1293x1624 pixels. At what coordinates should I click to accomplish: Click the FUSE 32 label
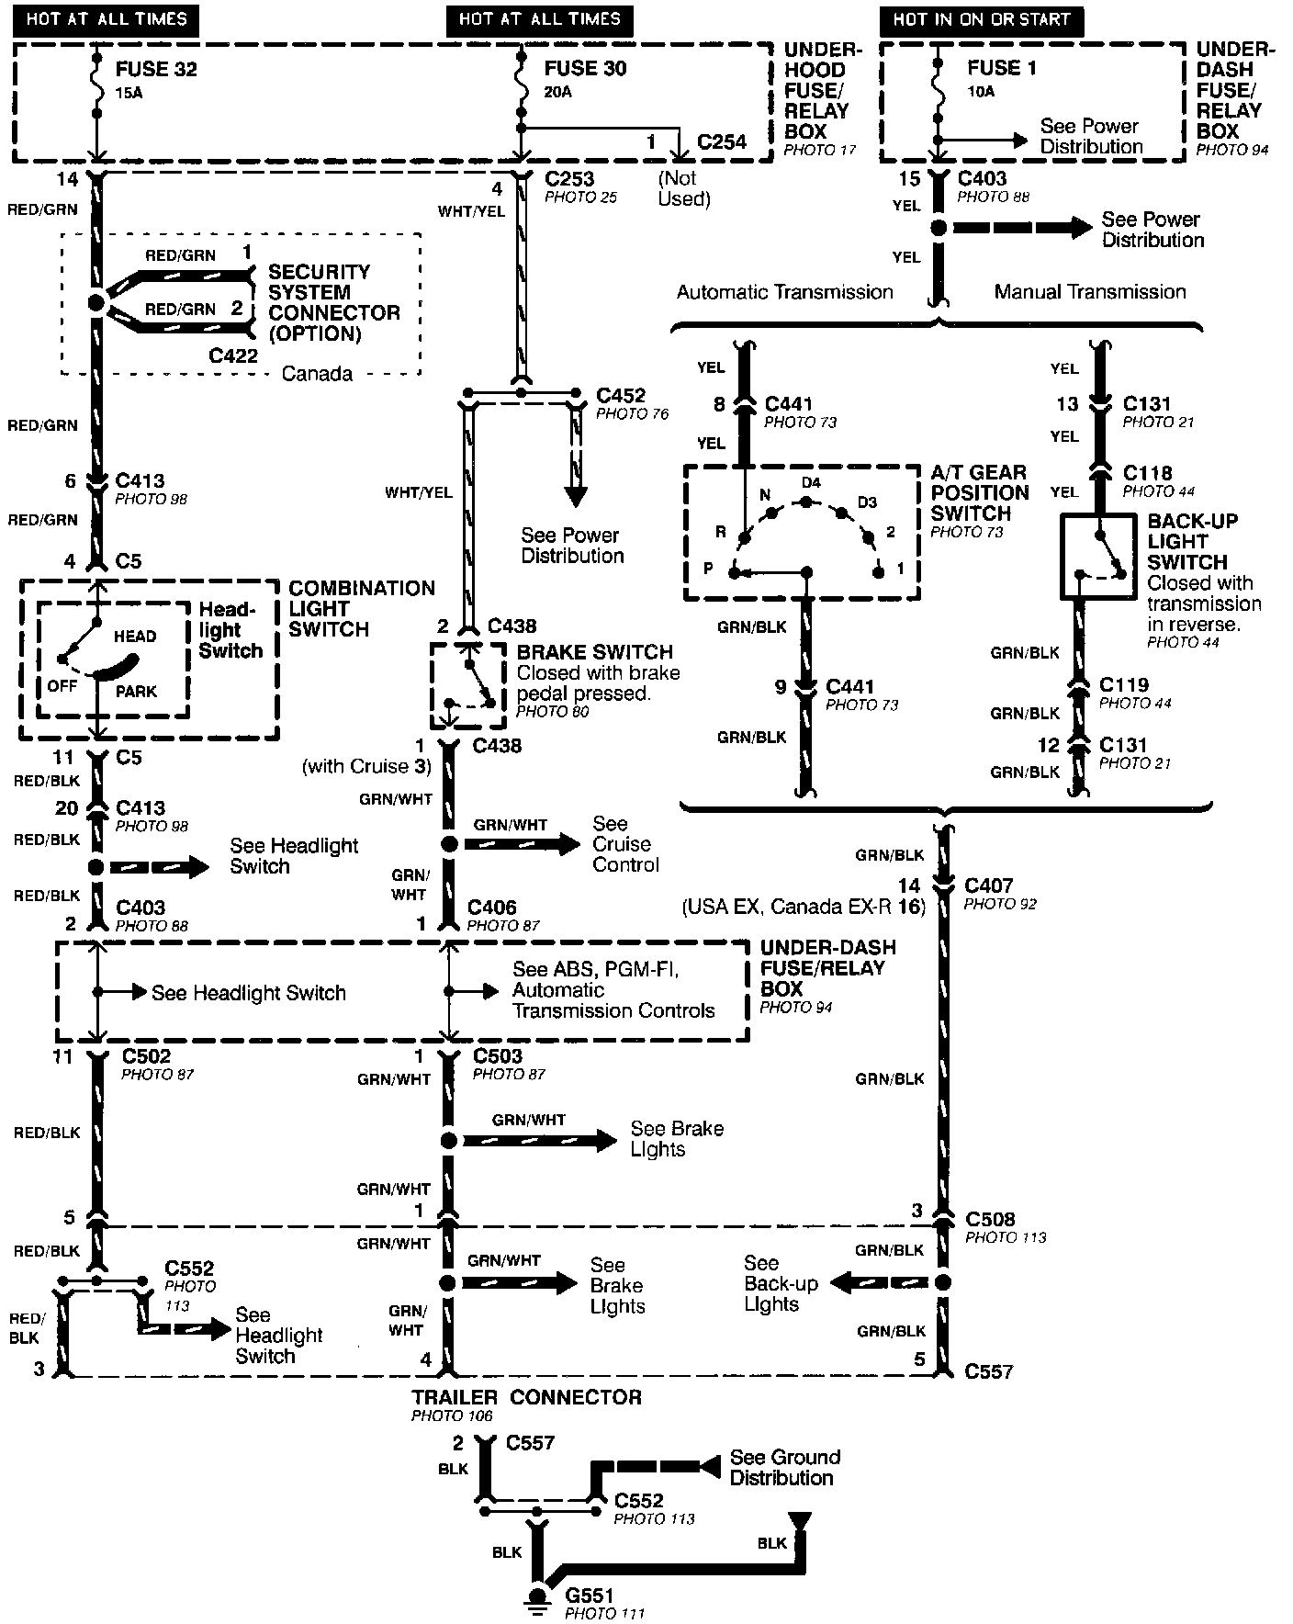(x=156, y=70)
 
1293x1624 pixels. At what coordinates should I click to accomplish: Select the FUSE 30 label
(x=585, y=69)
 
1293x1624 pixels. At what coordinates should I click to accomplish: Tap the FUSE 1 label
(x=1000, y=68)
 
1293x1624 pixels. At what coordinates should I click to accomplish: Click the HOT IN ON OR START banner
(x=982, y=19)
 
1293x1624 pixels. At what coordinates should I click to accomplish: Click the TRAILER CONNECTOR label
(x=526, y=1397)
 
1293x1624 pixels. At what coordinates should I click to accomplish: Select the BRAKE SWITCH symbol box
(x=467, y=684)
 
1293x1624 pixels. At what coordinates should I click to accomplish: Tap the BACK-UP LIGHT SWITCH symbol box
(x=1100, y=557)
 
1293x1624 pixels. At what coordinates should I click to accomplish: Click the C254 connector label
(x=722, y=142)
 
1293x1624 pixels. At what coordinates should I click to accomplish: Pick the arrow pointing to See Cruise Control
(x=523, y=843)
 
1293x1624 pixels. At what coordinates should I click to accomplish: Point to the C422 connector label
(x=233, y=355)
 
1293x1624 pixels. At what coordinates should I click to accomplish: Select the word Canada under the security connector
(x=317, y=374)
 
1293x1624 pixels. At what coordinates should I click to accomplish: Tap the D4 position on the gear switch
(x=810, y=483)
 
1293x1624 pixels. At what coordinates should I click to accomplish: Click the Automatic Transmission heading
(x=784, y=292)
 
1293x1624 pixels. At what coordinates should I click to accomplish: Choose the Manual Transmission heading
(x=1090, y=292)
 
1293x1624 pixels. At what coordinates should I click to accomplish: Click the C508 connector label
(x=990, y=1220)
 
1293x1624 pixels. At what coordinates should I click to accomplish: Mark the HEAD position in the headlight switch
(x=135, y=636)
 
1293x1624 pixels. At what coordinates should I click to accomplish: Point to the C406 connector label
(x=491, y=908)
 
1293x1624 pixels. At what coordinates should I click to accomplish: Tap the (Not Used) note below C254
(x=684, y=188)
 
